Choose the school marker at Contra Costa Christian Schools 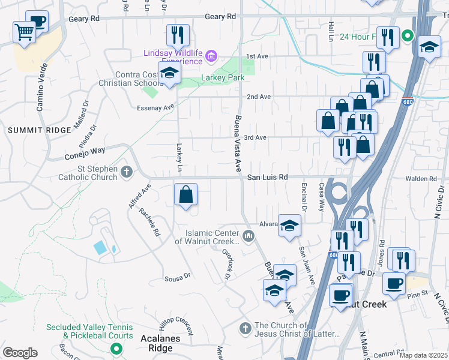(170, 73)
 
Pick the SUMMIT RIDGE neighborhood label (31, 130)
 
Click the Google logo (20, 353)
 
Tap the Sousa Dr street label (178, 278)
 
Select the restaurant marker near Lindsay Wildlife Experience (178, 35)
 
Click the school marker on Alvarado (289, 226)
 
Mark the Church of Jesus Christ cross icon (245, 328)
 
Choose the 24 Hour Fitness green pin (408, 36)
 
